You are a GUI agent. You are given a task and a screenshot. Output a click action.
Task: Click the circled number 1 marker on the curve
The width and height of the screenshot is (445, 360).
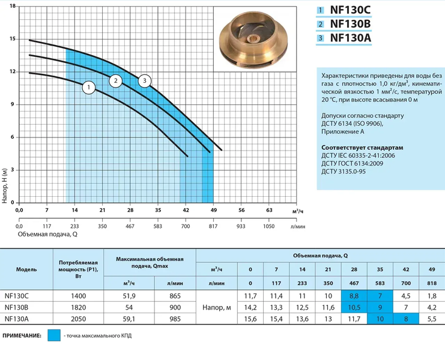tap(89, 88)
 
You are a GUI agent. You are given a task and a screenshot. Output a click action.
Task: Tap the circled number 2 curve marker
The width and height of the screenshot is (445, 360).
tap(115, 81)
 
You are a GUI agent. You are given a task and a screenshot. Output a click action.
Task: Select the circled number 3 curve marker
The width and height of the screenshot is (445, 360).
tap(145, 81)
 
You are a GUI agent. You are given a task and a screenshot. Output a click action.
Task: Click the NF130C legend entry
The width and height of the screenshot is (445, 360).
tap(344, 10)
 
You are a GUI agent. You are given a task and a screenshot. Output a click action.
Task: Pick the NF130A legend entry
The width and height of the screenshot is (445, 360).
tap(344, 38)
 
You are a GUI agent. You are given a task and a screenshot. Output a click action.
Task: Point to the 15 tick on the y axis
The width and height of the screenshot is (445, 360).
tap(13, 39)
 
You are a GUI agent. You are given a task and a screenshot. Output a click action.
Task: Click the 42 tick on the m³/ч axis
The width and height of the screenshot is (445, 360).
tap(186, 210)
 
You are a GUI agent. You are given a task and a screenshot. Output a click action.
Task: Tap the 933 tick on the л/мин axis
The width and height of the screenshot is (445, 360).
tap(241, 226)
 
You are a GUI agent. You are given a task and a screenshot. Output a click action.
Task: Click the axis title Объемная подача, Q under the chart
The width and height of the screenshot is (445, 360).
tap(47, 235)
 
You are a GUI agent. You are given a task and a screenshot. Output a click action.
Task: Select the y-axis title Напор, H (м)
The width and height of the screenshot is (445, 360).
tap(4, 185)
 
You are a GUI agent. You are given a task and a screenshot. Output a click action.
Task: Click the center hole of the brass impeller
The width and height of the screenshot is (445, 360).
tap(252, 39)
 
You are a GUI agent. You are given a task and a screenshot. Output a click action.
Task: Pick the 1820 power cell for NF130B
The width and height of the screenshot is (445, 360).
tap(78, 308)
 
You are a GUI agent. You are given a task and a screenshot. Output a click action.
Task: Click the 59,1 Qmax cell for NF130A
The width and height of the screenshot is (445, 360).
tap(129, 319)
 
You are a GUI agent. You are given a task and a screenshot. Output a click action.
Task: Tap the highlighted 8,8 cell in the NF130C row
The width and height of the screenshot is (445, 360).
tap(354, 296)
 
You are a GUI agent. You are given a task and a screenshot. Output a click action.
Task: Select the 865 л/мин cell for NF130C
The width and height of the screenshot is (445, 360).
tap(175, 296)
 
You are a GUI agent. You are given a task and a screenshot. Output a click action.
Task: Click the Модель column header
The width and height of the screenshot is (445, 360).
tap(26, 269)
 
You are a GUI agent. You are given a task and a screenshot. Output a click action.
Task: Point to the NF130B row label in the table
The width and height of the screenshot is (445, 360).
tap(16, 308)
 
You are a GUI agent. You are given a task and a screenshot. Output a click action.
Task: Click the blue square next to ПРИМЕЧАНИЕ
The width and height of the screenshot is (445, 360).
tap(54, 335)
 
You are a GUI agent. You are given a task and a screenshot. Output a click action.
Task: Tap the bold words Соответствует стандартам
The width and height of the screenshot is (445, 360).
tap(362, 148)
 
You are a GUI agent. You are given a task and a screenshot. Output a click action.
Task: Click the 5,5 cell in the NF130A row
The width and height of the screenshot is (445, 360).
tap(431, 319)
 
